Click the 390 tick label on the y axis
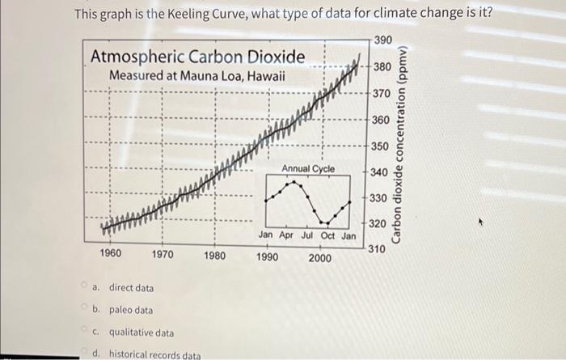click(x=385, y=40)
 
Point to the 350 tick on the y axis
click(x=379, y=146)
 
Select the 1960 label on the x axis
click(x=111, y=254)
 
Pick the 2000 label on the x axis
click(x=319, y=257)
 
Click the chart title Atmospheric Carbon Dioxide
click(x=198, y=57)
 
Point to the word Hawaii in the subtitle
click(x=264, y=76)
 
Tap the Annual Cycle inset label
click(x=308, y=167)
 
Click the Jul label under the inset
click(x=307, y=235)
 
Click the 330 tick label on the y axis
click(x=378, y=198)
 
